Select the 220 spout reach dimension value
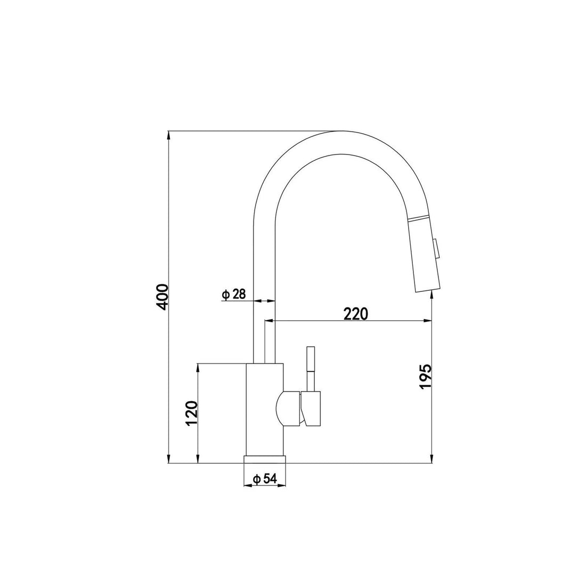click(356, 314)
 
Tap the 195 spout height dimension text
click(425, 377)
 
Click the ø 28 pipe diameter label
click(234, 294)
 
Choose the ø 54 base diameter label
click(264, 479)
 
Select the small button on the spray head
click(437, 249)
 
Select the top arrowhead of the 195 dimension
click(431, 296)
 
